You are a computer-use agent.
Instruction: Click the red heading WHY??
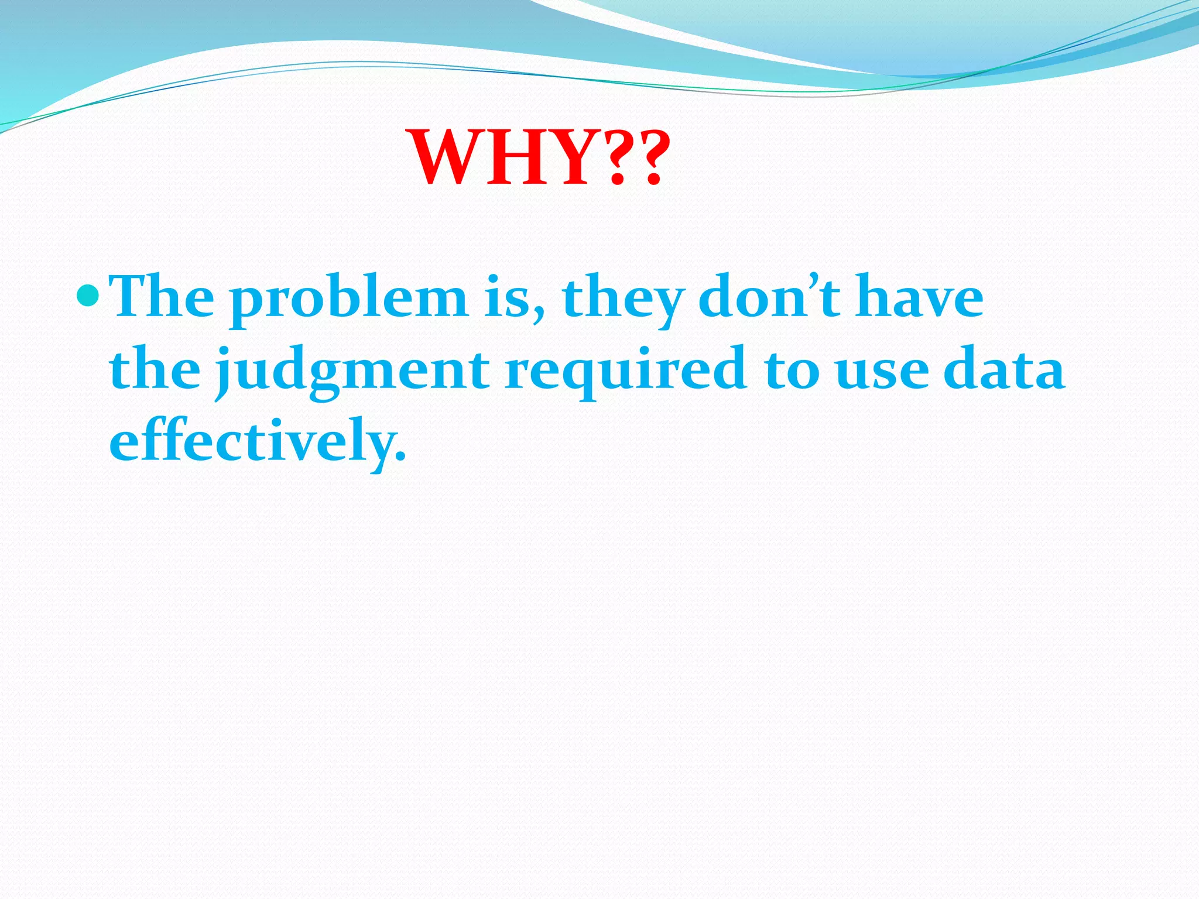click(x=539, y=158)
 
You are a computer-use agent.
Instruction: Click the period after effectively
click(x=400, y=457)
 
